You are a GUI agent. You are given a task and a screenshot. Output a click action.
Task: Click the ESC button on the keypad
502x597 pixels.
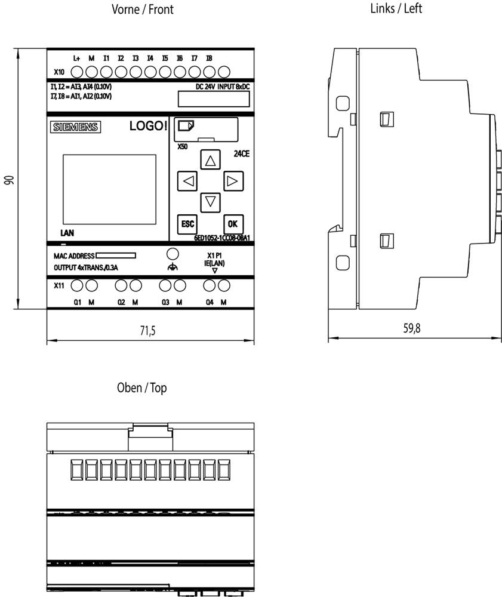187,224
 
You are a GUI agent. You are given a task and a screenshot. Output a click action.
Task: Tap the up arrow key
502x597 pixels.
209,160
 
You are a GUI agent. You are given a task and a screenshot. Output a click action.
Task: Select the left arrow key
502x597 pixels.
187,181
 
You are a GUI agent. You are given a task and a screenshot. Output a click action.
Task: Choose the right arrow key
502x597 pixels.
232,180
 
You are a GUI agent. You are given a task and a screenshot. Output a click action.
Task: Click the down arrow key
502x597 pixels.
209,201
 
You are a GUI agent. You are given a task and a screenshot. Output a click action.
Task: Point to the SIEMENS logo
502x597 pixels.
76,127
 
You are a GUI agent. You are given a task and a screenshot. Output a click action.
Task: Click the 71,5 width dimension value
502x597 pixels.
147,331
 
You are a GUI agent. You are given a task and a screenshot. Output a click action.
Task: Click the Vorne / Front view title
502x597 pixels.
143,10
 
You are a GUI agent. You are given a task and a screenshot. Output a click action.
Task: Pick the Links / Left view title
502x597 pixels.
396,8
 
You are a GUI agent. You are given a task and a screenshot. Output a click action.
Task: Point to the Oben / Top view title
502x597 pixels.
142,388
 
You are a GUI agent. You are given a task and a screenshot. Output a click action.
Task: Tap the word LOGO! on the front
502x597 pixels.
148,127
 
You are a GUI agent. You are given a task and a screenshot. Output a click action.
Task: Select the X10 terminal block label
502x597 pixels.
58,72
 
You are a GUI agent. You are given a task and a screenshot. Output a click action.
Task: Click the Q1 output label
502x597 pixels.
78,302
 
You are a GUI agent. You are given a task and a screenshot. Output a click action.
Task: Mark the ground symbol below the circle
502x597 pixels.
173,268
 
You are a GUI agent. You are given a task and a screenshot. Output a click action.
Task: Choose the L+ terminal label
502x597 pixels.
76,58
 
